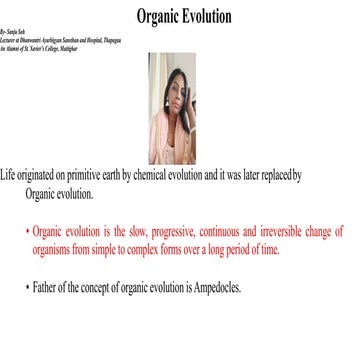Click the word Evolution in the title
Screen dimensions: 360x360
click(x=206, y=16)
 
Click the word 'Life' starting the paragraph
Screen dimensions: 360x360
click(x=9, y=175)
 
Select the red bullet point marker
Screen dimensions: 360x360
click(x=27, y=230)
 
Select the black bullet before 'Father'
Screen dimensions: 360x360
click(x=27, y=287)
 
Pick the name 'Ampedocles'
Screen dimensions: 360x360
click(x=211, y=288)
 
